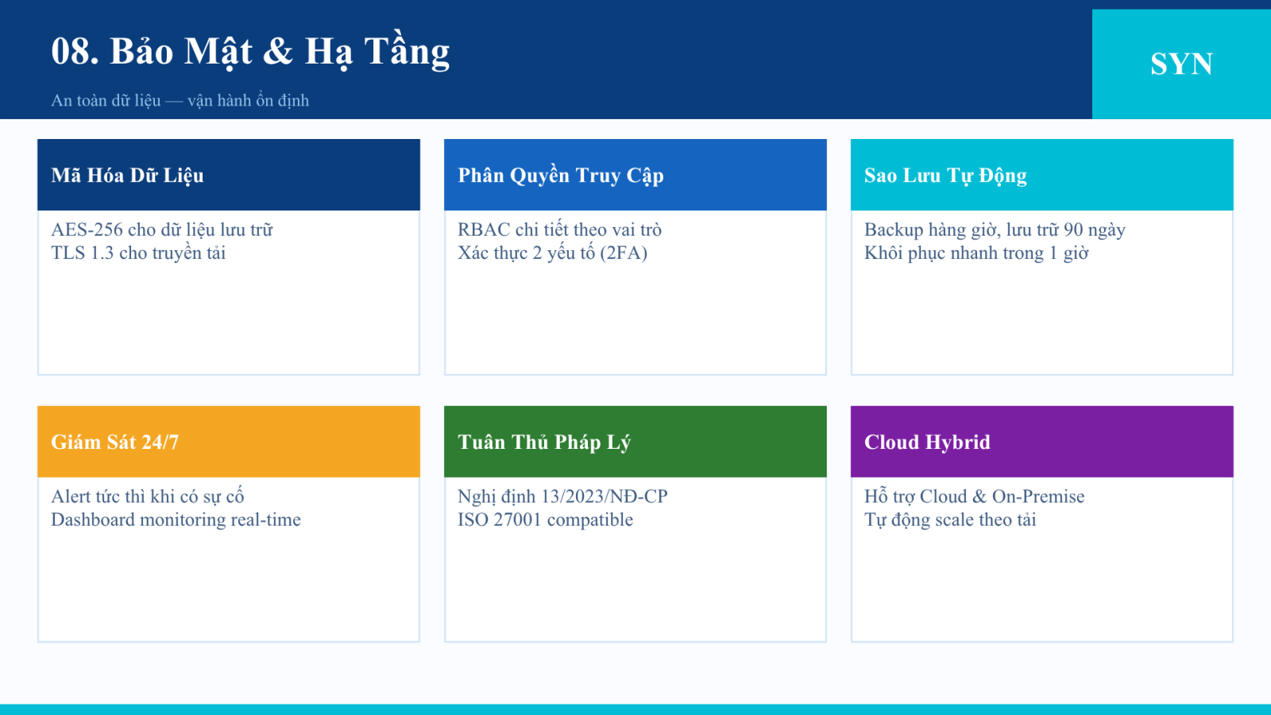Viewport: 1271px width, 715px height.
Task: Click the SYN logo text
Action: coord(1181,64)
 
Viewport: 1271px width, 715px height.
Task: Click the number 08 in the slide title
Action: coord(75,51)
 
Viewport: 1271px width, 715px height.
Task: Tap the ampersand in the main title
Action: coord(278,51)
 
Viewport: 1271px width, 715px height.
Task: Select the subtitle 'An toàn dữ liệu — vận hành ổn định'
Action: coord(180,100)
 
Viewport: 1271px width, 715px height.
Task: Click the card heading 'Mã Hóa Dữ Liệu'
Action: coord(127,176)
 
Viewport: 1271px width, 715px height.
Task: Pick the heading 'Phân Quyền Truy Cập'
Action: coord(561,176)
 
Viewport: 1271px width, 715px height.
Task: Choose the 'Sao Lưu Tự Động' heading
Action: coord(945,176)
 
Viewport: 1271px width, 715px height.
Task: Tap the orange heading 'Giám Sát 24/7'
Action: coord(114,442)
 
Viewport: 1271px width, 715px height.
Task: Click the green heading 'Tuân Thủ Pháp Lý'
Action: coord(544,442)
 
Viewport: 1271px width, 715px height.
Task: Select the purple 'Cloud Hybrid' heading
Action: coord(927,442)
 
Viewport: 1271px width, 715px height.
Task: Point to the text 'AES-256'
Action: coord(87,230)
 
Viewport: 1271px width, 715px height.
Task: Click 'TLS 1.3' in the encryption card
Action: coord(83,253)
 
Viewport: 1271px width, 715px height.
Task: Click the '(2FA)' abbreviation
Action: coord(624,253)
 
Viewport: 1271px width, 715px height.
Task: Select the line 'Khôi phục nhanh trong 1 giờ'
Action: coord(976,253)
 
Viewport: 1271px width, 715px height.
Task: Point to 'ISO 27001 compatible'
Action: coord(545,520)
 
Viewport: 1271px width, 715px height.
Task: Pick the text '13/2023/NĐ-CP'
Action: coord(605,497)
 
